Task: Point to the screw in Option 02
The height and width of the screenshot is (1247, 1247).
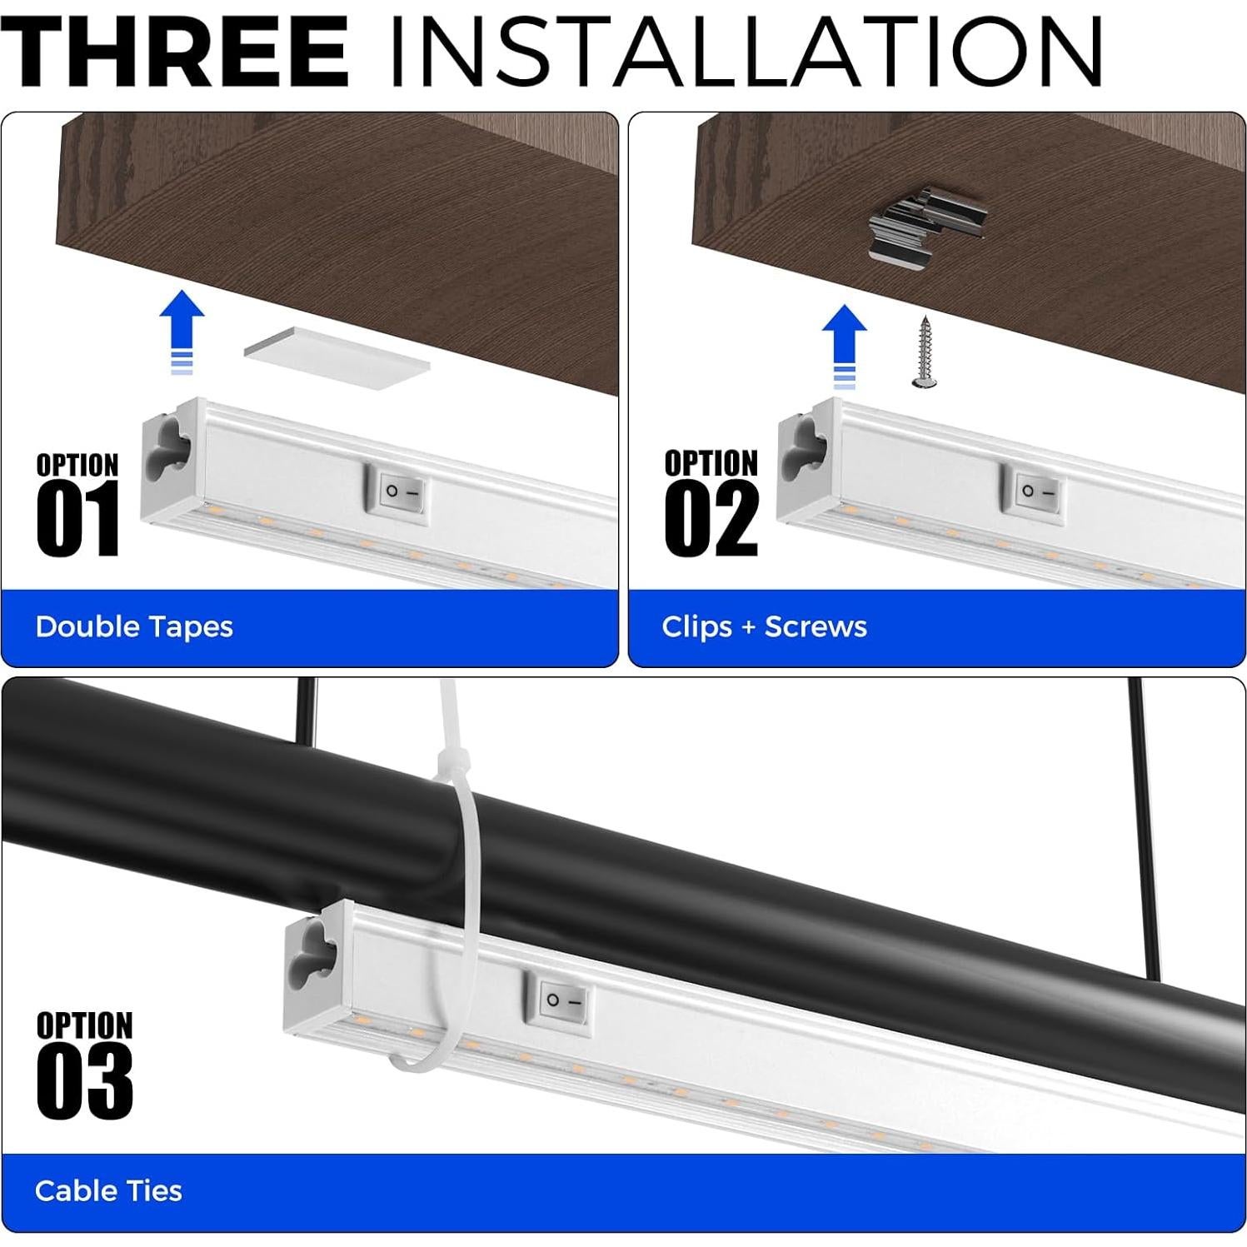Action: tap(923, 352)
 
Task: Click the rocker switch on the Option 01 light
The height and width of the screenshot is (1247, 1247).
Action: tap(402, 491)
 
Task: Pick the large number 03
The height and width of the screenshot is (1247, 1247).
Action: tap(84, 1083)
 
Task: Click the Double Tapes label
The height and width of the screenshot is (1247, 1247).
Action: tap(134, 626)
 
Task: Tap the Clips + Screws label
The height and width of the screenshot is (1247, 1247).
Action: tap(764, 626)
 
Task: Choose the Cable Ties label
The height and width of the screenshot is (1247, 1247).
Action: tap(108, 1190)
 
